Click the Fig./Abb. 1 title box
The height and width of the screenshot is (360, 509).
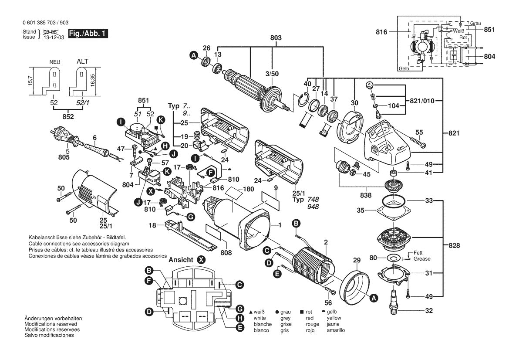(88, 34)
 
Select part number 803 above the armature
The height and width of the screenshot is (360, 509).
(276, 37)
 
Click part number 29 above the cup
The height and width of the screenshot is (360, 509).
(357, 260)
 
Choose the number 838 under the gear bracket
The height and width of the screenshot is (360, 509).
(366, 195)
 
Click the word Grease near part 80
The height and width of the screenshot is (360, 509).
(422, 259)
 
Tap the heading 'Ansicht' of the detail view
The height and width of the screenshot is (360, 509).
(181, 260)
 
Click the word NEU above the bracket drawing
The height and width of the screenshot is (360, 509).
(55, 62)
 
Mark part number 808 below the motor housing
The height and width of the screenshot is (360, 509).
(226, 252)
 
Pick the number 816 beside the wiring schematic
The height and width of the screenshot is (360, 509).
(382, 32)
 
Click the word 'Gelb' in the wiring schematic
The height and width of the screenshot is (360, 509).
(404, 68)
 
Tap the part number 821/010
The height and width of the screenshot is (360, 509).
(422, 101)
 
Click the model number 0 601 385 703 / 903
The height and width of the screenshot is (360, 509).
(45, 23)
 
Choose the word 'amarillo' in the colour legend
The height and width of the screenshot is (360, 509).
(336, 330)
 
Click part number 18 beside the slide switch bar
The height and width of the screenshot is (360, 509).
(152, 225)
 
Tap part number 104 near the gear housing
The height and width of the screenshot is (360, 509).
(394, 105)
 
